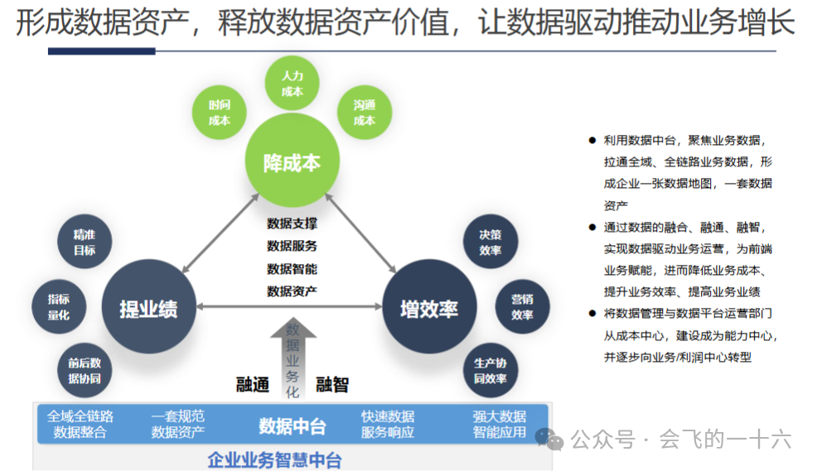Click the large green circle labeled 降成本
(292, 161)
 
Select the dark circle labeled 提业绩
(148, 308)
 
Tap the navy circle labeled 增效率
(428, 308)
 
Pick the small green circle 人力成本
(292, 84)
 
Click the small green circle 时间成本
(220, 113)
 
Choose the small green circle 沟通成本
(365, 113)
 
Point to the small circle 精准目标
(85, 242)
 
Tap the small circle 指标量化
(59, 307)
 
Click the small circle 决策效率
(491, 242)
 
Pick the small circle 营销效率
(522, 307)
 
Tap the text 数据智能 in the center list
(292, 268)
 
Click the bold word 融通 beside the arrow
(253, 384)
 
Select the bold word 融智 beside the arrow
(332, 384)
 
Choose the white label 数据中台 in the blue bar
(292, 425)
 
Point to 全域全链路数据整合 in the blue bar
(80, 424)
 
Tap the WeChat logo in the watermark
(549, 439)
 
